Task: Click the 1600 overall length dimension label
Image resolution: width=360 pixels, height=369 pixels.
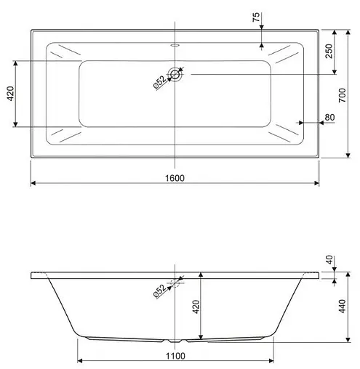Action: [x=175, y=178]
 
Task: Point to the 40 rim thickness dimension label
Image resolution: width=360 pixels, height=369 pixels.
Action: [x=329, y=261]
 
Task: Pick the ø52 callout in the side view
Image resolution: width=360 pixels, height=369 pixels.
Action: [x=159, y=292]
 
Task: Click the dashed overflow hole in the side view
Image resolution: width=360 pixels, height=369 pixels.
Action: [x=175, y=282]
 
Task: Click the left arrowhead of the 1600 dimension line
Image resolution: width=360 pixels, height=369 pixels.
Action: [x=33, y=184]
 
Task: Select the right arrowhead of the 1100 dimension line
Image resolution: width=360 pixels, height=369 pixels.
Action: [x=272, y=360]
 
